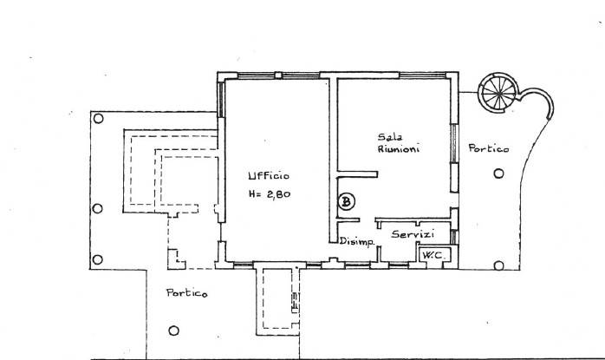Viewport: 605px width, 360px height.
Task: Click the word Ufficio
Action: (269, 176)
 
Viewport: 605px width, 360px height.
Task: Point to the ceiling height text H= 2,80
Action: (270, 194)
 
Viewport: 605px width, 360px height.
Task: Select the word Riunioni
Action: (399, 148)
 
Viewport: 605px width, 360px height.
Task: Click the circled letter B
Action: (347, 201)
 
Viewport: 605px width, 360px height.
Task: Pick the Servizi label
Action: (413, 234)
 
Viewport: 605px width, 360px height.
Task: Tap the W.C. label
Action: (432, 255)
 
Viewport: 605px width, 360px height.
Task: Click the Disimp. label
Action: (357, 242)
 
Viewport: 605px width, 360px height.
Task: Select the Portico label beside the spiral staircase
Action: (489, 148)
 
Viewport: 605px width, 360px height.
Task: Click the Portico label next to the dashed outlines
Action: (186, 293)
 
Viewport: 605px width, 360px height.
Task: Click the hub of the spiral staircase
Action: (499, 93)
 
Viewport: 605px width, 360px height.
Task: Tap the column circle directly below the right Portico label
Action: (498, 173)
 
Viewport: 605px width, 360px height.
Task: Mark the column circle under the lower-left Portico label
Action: (173, 331)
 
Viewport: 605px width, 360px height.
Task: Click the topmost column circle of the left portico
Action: (99, 118)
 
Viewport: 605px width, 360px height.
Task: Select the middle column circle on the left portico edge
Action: (98, 208)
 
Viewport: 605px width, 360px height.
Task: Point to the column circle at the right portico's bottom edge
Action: (499, 265)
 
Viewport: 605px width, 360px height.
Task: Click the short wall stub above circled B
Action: (357, 174)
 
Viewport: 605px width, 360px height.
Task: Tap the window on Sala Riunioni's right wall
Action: (454, 143)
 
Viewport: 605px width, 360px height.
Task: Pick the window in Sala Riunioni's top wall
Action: (422, 75)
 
